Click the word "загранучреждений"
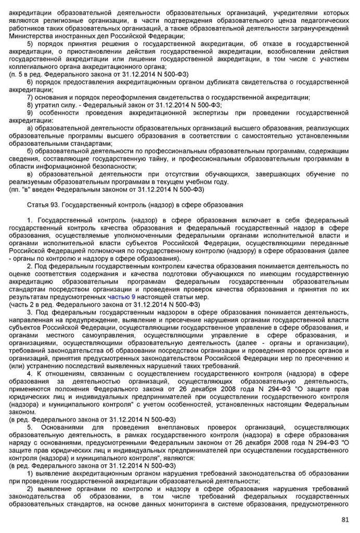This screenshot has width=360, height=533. [x=317, y=29]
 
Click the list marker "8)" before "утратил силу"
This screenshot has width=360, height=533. [x=30, y=105]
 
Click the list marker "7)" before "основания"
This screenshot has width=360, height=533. [x=30, y=97]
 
